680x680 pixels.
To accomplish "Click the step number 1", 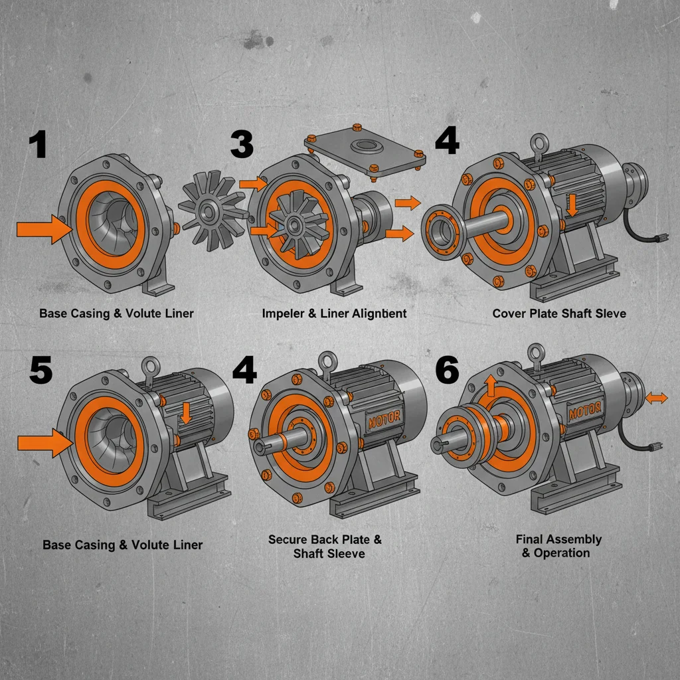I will [x=38, y=145].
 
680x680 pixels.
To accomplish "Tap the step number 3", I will [x=242, y=144].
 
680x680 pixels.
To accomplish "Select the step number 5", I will [x=41, y=370].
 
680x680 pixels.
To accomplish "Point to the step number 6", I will [x=446, y=370].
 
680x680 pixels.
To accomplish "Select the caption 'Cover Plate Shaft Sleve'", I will [x=559, y=313].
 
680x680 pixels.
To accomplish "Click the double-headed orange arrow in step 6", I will [x=656, y=398].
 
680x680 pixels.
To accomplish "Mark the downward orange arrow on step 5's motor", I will [x=187, y=412].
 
